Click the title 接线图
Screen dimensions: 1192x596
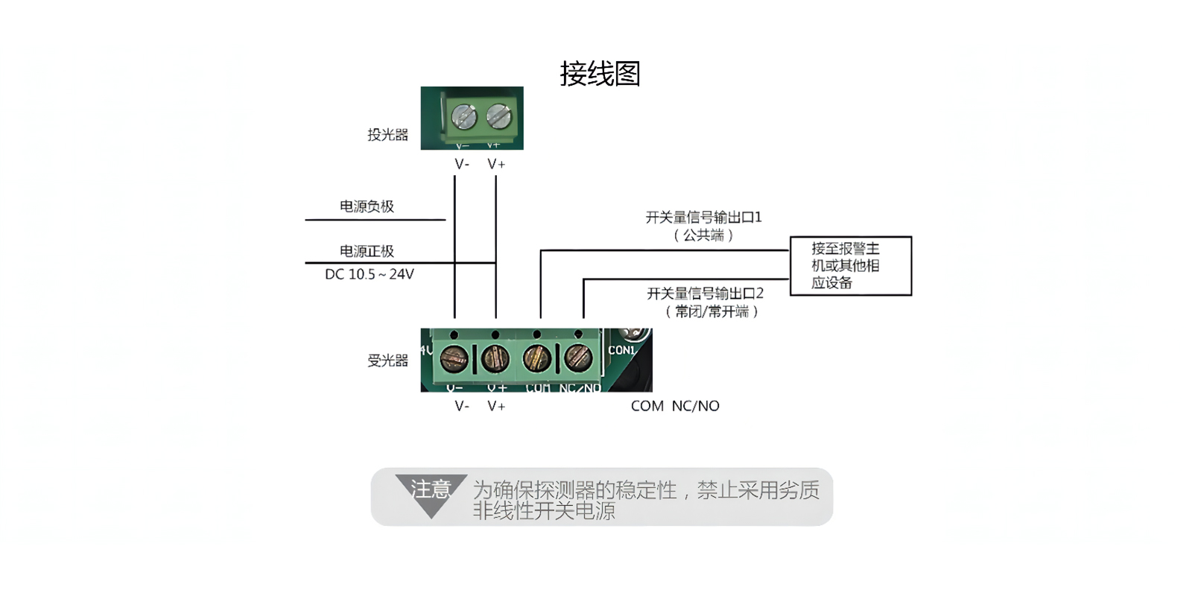point(600,74)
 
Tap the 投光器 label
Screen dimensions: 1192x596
point(387,135)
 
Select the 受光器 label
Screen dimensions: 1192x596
point(387,361)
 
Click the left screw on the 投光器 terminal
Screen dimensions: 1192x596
point(464,116)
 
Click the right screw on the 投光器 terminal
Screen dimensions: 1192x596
point(498,116)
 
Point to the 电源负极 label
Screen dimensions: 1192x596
point(367,206)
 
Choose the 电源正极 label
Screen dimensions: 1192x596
point(367,250)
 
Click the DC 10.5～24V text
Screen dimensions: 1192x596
point(370,274)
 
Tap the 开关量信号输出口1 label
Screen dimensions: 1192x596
point(703,217)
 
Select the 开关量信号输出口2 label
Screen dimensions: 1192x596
point(705,294)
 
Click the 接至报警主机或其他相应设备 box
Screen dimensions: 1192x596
point(850,265)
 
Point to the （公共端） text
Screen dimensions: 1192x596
point(703,235)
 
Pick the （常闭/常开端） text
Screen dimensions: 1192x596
point(711,311)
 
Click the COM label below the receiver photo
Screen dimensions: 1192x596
point(647,406)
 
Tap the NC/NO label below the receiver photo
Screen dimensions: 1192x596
point(696,406)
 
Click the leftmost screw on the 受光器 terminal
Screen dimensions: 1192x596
point(454,358)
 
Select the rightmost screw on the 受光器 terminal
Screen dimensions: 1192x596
point(578,358)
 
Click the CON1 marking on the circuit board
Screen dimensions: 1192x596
point(621,350)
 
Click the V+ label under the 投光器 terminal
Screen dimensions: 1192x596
point(496,164)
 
